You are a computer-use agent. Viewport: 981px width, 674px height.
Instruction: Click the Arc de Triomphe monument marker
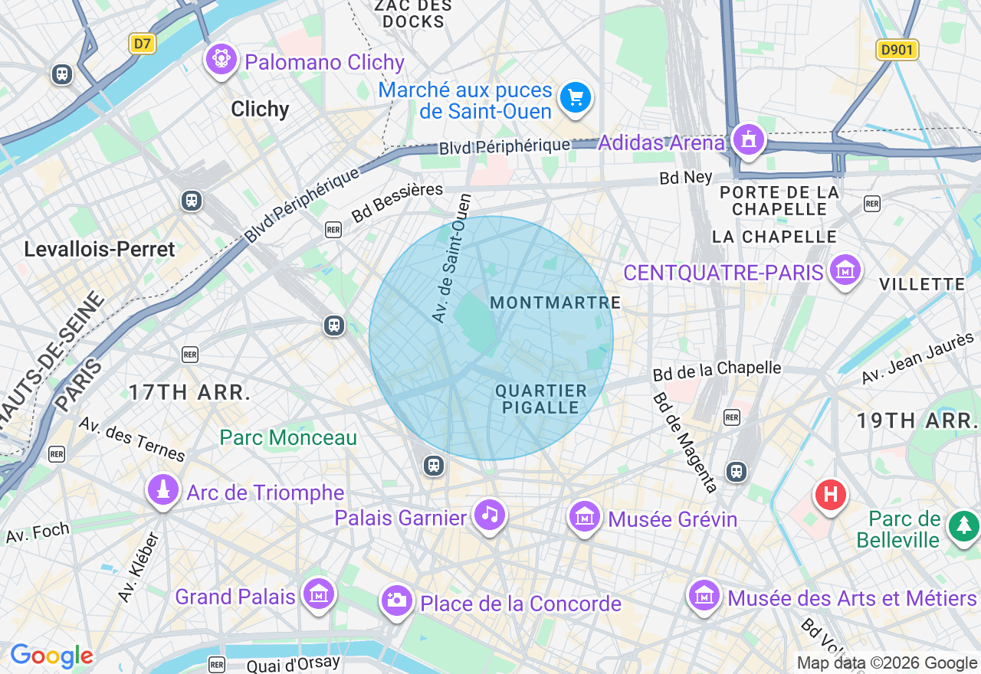pyautogui.click(x=162, y=491)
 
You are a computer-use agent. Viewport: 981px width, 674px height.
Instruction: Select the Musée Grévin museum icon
pyautogui.click(x=585, y=517)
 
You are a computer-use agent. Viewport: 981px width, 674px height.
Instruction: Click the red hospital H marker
pyautogui.click(x=830, y=494)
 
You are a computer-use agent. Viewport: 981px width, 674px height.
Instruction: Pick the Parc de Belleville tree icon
pyautogui.click(x=963, y=526)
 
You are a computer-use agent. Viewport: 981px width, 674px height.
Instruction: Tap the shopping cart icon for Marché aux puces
pyautogui.click(x=576, y=99)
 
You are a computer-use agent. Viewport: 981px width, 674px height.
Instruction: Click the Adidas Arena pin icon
pyautogui.click(x=748, y=140)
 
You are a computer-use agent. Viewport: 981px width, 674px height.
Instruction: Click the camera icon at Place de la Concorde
pyautogui.click(x=396, y=601)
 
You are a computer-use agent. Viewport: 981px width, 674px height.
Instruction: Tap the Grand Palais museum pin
pyautogui.click(x=318, y=594)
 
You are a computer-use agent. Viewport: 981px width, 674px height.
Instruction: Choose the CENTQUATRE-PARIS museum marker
pyautogui.click(x=845, y=270)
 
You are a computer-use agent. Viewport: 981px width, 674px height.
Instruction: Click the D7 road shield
pyautogui.click(x=142, y=44)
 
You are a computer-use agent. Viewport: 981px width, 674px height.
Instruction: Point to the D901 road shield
pyautogui.click(x=897, y=51)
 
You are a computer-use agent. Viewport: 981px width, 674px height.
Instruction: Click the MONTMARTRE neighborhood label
pyautogui.click(x=556, y=303)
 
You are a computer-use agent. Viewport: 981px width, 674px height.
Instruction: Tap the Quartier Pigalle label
pyautogui.click(x=541, y=399)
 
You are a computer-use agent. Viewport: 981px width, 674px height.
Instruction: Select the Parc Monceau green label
pyautogui.click(x=288, y=437)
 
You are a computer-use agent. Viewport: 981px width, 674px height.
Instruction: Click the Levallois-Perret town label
pyautogui.click(x=100, y=249)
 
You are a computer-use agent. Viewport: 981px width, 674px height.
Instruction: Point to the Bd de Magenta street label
pyautogui.click(x=684, y=442)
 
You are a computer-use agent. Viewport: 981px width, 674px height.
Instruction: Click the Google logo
pyautogui.click(x=51, y=656)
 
